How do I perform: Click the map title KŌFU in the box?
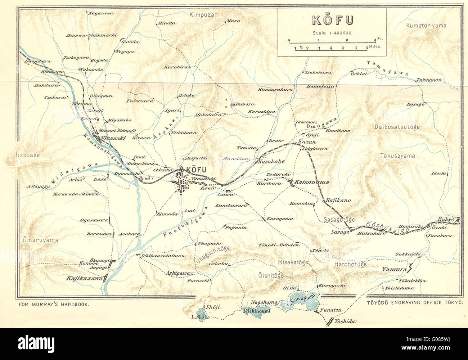click(x=332, y=20)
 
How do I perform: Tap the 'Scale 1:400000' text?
click(x=332, y=33)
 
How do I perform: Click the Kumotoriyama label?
click(x=426, y=26)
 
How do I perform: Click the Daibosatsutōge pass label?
click(x=397, y=127)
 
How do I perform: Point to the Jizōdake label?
click(x=22, y=155)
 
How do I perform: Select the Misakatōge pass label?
click(x=293, y=262)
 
